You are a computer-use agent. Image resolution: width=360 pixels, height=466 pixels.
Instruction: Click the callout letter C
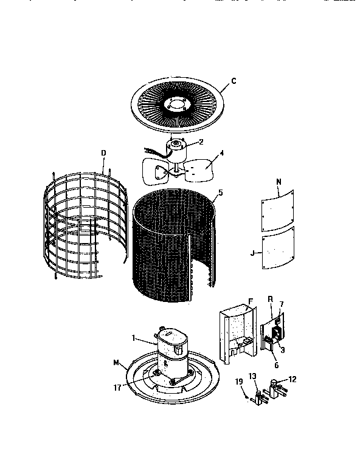234,80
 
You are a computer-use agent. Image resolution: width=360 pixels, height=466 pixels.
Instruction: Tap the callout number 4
221,153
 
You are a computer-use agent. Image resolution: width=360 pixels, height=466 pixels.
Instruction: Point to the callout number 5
220,193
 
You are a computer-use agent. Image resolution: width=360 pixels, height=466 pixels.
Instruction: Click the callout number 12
292,379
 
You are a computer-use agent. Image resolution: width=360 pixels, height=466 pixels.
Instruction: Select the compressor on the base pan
173,358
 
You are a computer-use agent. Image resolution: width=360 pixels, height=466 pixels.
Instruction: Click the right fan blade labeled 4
198,171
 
